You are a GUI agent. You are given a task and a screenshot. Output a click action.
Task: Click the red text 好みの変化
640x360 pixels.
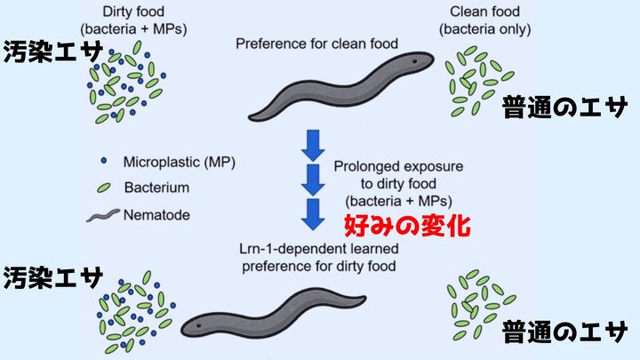(405, 223)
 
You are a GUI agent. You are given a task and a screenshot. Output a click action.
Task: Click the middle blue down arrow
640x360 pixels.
(311, 179)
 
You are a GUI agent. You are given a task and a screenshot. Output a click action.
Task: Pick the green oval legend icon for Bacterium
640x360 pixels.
(103, 188)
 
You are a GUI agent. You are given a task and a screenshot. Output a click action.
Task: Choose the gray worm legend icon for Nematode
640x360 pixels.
(104, 215)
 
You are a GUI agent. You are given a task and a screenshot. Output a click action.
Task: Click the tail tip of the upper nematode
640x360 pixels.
(251, 116)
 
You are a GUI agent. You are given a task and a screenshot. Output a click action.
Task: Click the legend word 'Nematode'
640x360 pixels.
(160, 215)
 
